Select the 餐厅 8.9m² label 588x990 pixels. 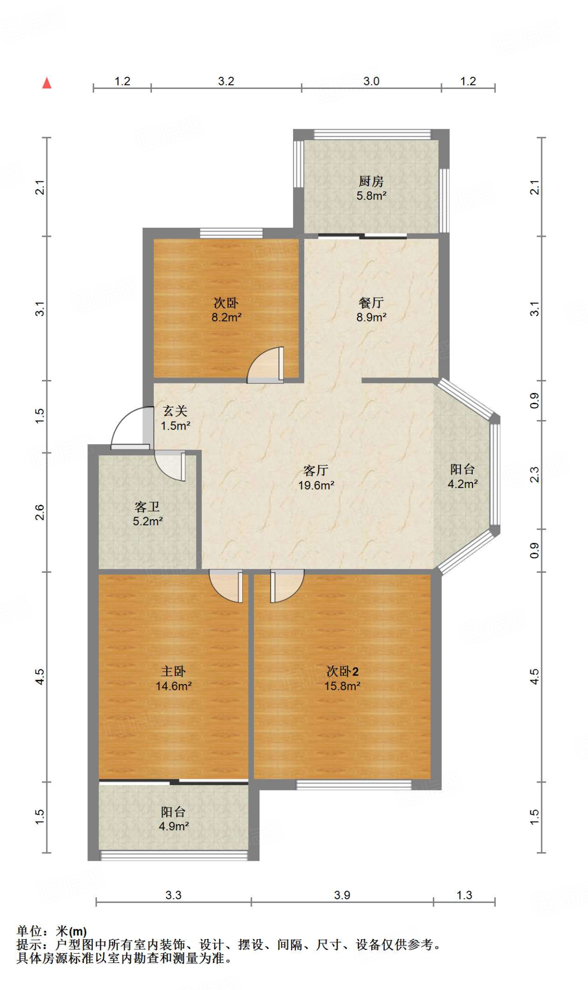371,310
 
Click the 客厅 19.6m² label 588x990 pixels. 316,478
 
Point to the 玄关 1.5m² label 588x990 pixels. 175,418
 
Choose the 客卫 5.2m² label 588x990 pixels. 147,514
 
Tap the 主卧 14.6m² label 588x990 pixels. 174,678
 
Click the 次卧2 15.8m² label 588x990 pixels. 342,678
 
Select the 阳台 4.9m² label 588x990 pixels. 174,819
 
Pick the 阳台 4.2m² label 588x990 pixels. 463,476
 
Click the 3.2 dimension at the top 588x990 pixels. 226,81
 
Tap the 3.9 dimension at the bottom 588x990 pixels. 342,895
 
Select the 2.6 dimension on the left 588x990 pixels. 40,512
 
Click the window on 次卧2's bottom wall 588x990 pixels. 353,785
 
